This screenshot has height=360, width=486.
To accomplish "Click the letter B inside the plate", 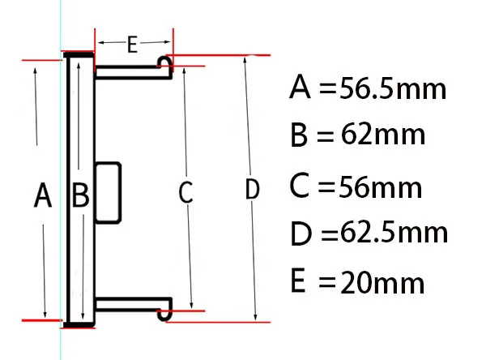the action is pyautogui.click(x=80, y=195).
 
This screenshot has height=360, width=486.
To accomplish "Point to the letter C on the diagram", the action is pyautogui.click(x=185, y=193).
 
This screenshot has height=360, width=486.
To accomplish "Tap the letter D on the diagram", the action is pyautogui.click(x=252, y=191).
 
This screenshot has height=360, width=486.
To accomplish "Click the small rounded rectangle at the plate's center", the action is pyautogui.click(x=109, y=191).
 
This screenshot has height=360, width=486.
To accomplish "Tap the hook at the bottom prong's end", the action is pyautogui.click(x=166, y=309).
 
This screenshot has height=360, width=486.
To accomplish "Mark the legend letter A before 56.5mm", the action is pyautogui.click(x=301, y=87).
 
